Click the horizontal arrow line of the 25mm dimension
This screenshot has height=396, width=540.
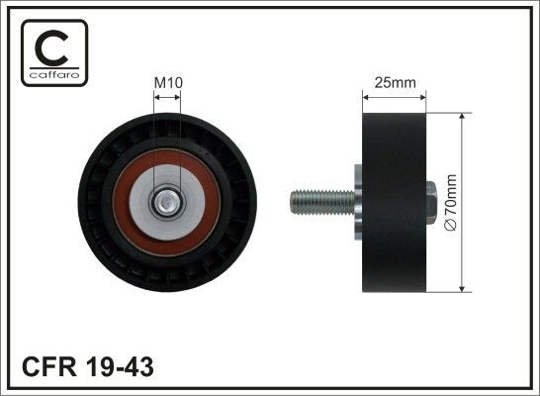[x=395, y=97]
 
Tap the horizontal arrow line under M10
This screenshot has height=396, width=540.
[x=169, y=98]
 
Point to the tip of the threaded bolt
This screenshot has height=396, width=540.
[x=293, y=202]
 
